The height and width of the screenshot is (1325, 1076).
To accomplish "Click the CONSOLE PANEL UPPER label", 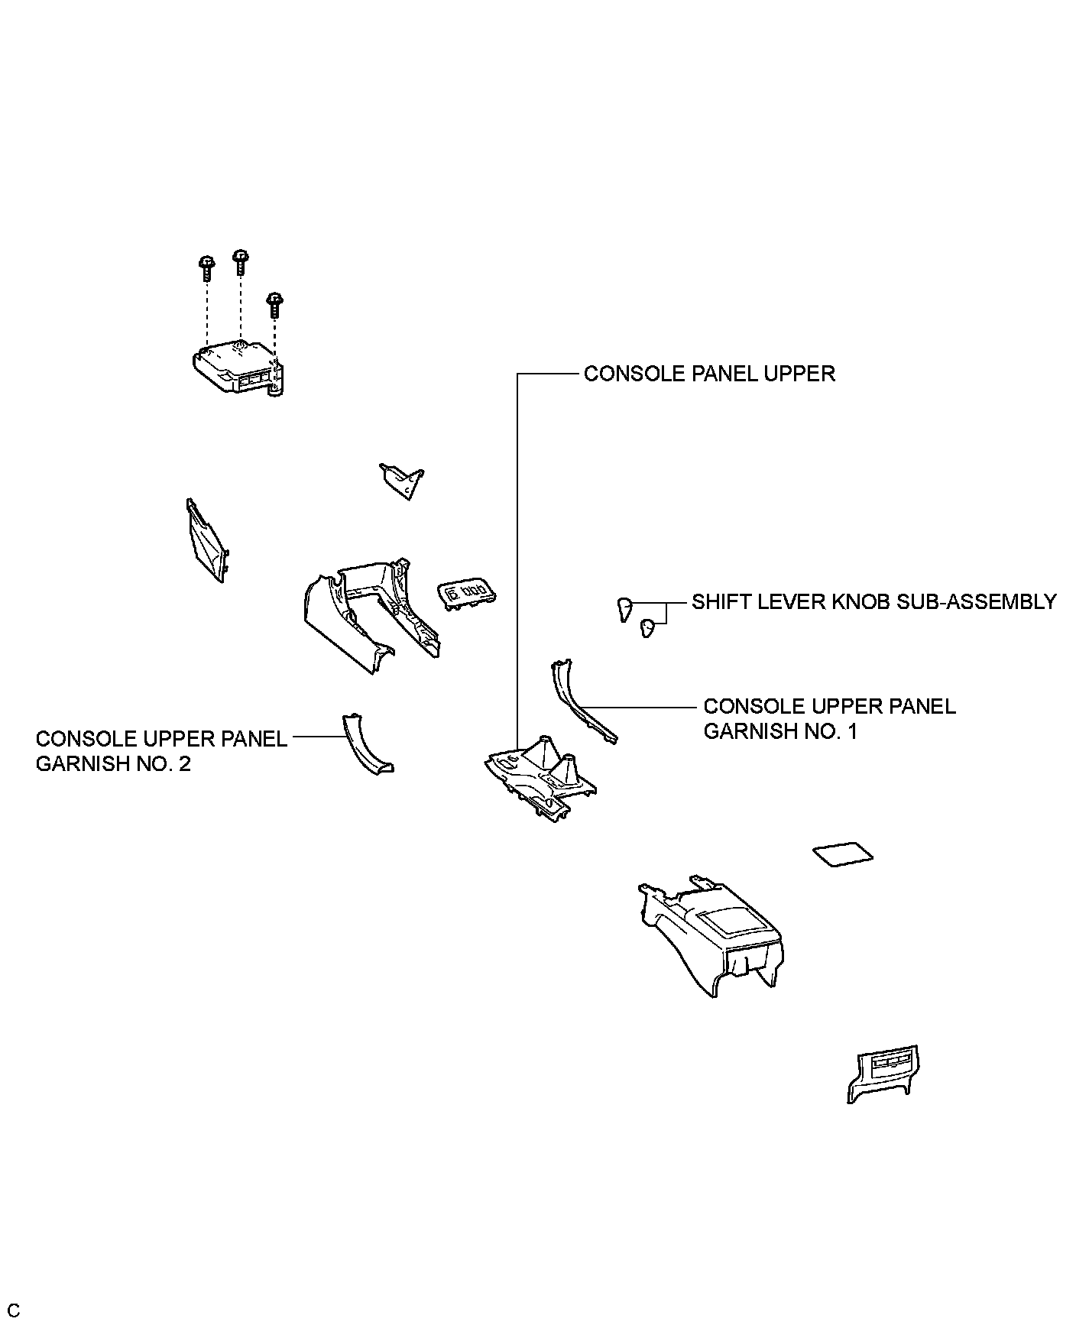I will [x=709, y=374].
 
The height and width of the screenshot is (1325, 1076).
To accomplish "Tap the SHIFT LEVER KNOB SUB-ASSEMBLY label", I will [x=873, y=602].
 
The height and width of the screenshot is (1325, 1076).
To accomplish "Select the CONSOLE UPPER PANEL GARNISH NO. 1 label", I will [x=829, y=718].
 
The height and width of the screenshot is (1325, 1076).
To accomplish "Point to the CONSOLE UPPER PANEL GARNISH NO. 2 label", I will [x=161, y=751].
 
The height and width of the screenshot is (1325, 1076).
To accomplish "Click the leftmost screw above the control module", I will [x=206, y=267].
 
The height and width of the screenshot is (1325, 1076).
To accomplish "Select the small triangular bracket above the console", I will [x=403, y=480].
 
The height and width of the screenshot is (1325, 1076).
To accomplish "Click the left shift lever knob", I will [x=624, y=609].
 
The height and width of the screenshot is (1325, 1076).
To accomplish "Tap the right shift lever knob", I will [x=649, y=627].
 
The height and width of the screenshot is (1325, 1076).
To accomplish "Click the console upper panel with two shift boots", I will [x=540, y=778].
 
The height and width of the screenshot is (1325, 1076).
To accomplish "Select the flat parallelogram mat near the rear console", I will [x=843, y=854].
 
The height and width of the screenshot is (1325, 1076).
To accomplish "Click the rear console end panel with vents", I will [x=883, y=1073].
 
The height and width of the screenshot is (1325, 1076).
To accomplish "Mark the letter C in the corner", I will [x=14, y=1309].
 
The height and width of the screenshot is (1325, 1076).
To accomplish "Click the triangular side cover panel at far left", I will [x=206, y=541].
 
